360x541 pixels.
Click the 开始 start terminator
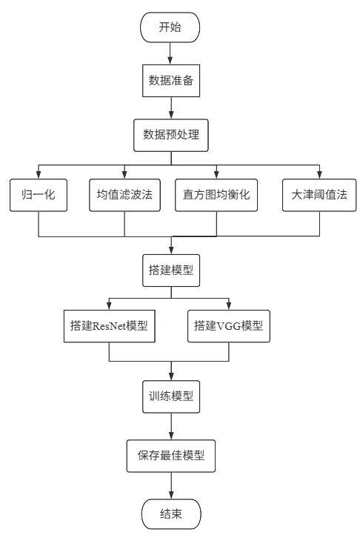(170, 27)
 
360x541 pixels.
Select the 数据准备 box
(171, 81)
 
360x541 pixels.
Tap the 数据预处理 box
(171, 135)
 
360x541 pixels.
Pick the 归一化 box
(39, 195)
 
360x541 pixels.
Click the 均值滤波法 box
(124, 195)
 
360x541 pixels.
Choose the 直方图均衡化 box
(216, 195)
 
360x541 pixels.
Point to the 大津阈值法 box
(319, 195)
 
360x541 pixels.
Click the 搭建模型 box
(171, 270)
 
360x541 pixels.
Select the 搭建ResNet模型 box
(110, 326)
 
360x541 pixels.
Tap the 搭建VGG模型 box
(229, 326)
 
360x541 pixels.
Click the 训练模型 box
(171, 396)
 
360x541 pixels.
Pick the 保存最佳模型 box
(171, 456)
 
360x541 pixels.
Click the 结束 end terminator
(171, 514)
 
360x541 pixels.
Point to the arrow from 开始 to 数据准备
(170, 53)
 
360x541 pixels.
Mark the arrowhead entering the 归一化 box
(39, 175)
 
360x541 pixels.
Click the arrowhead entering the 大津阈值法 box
(319, 175)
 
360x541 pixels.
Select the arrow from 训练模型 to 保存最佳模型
(171, 426)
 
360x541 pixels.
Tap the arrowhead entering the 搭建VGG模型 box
(229, 306)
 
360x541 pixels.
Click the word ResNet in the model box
(110, 326)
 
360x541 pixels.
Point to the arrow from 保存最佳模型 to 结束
(171, 485)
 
